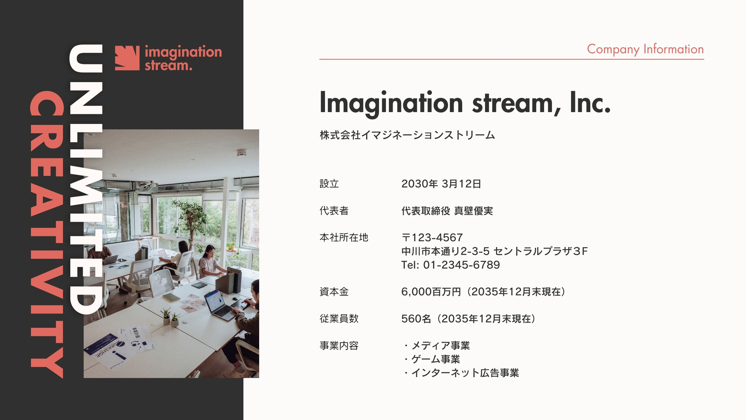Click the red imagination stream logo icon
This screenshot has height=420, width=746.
127,58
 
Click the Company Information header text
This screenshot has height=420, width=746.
645,49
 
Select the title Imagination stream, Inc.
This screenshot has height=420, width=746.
465,103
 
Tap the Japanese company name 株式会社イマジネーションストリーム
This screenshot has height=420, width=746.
408,135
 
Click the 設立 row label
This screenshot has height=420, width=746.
329,184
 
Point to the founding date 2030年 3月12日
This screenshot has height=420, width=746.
441,184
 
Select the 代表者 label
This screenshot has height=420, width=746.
334,210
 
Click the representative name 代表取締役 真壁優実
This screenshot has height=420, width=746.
447,210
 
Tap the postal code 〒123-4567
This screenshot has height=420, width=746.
432,238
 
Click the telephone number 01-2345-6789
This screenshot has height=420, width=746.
461,265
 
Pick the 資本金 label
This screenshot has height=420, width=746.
334,292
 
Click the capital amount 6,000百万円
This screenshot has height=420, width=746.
431,292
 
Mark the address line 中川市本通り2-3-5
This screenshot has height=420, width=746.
445,252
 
